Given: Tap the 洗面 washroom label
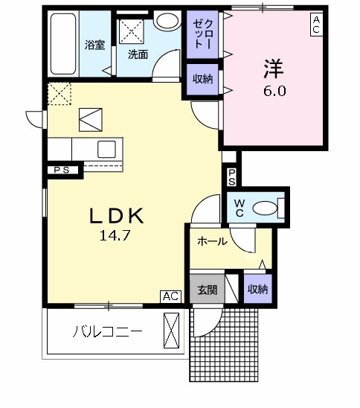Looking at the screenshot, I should [x=137, y=54].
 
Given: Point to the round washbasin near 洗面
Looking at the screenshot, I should [x=166, y=20].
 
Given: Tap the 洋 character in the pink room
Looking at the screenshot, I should [x=272, y=68].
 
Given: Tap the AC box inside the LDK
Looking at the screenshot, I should [x=170, y=296].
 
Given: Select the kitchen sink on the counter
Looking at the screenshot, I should [x=106, y=147].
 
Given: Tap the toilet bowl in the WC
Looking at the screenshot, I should [x=267, y=208].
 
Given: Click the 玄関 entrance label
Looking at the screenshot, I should [x=207, y=290].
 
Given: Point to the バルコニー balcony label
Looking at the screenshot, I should [x=106, y=331].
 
